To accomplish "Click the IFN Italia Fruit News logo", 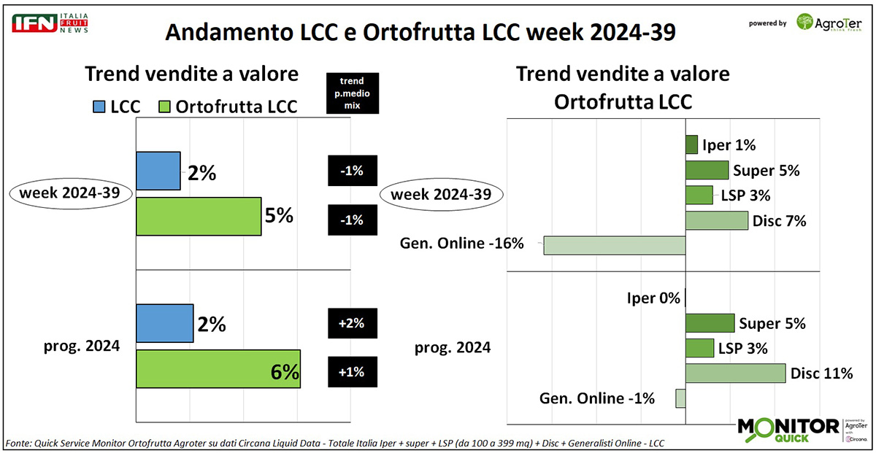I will point(50,23).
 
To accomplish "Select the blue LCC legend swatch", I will point(99,106).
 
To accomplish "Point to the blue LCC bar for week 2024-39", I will point(158,171).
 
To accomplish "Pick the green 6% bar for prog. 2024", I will point(218,369).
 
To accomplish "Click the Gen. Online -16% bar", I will point(615,245).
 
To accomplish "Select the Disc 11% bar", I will point(735,373).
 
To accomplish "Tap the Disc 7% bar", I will point(717,220).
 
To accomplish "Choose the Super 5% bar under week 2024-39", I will point(707,170).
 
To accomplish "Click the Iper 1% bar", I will point(691,144).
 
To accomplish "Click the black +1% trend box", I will point(352,373).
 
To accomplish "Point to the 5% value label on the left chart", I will point(279,216).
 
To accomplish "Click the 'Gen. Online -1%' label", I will point(597,398).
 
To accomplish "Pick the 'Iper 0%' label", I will point(653,298).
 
